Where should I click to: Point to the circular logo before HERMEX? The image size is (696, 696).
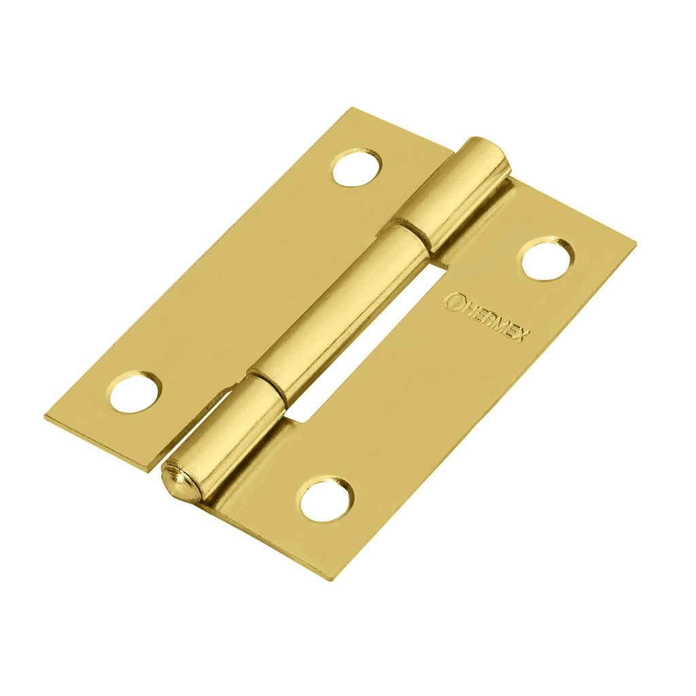coord(452,300)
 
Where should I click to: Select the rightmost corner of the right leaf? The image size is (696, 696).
coord(636,243)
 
